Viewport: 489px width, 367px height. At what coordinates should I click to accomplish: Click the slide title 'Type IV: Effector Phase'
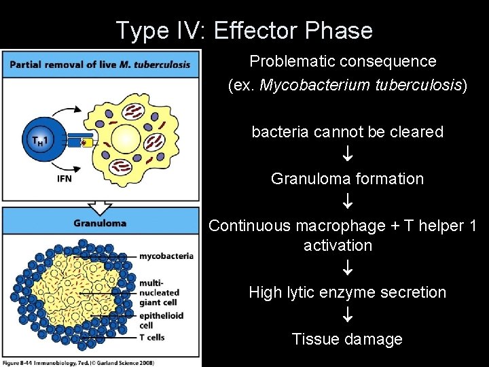click(x=244, y=31)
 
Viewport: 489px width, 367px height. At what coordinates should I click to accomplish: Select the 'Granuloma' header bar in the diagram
click(x=101, y=223)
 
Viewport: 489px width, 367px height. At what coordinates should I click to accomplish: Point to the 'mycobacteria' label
click(x=166, y=256)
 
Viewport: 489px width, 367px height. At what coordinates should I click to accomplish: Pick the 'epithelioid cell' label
click(x=160, y=320)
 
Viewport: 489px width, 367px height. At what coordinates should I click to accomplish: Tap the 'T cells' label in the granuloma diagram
click(x=152, y=337)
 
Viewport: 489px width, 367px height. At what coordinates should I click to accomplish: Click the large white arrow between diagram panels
click(x=101, y=205)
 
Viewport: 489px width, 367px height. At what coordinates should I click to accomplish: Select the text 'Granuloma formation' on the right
click(x=347, y=179)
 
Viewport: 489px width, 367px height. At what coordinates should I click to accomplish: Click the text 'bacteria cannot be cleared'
click(x=347, y=132)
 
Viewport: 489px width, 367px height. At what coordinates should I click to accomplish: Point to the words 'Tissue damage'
click(x=347, y=338)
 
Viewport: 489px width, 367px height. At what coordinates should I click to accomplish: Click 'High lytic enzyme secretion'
click(x=347, y=292)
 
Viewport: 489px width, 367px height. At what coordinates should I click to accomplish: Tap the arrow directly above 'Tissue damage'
click(x=347, y=316)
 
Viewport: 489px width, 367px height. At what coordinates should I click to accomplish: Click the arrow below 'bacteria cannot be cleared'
click(x=347, y=155)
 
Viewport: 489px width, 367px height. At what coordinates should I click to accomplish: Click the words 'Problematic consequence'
click(x=343, y=61)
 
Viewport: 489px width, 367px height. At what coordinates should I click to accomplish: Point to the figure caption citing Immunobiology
click(x=78, y=362)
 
